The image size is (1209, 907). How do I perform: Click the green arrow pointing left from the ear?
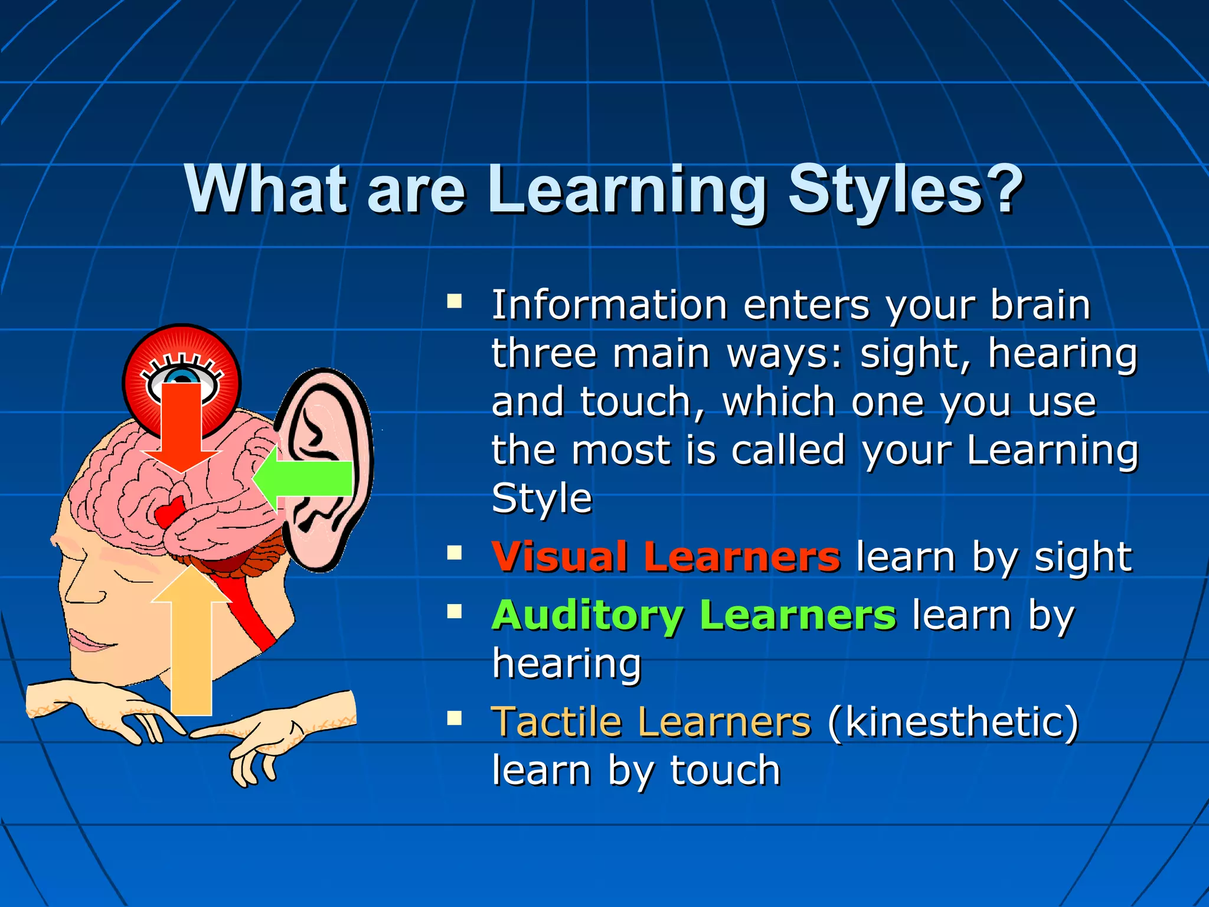307,478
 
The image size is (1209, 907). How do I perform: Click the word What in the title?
266,189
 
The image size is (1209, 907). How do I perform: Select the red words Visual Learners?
665,556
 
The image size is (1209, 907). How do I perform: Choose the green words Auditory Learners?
694,615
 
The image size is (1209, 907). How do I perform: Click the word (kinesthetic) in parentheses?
953,722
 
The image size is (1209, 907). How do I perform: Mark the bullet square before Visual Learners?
454,553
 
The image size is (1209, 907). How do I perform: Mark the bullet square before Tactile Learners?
454,718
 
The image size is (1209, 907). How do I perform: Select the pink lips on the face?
89,641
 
